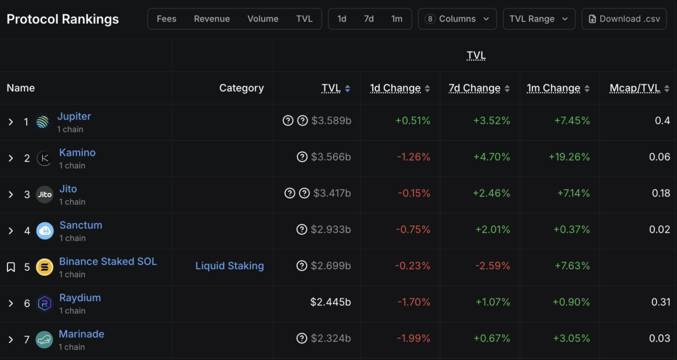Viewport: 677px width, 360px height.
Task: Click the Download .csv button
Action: pyautogui.click(x=624, y=19)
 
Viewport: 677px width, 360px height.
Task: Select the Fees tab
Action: pyautogui.click(x=166, y=19)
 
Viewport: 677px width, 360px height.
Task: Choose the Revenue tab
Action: pyautogui.click(x=212, y=19)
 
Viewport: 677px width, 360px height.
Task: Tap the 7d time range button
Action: pyautogui.click(x=368, y=19)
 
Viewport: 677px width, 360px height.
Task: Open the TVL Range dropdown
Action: pyautogui.click(x=539, y=19)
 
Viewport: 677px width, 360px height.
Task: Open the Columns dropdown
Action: pyautogui.click(x=457, y=19)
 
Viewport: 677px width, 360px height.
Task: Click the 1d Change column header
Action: pyautogui.click(x=395, y=88)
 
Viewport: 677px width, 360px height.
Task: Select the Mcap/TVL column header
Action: pyautogui.click(x=635, y=88)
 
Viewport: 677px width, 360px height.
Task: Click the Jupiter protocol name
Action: pyautogui.click(x=74, y=116)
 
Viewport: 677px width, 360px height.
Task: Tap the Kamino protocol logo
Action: pyautogui.click(x=45, y=159)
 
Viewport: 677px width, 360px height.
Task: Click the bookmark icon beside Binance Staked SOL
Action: pyautogui.click(x=11, y=267)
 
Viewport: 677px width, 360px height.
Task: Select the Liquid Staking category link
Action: pyautogui.click(x=230, y=266)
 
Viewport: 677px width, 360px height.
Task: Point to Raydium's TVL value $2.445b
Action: pyautogui.click(x=331, y=302)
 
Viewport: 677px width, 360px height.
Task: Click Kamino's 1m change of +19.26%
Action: pyautogui.click(x=569, y=157)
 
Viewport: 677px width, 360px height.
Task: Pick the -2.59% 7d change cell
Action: pyautogui.click(x=493, y=266)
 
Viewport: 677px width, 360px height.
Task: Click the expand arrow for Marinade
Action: pyautogui.click(x=11, y=340)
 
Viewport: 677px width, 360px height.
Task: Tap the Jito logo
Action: pyautogui.click(x=45, y=195)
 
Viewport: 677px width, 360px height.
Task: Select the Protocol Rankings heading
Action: pyautogui.click(x=63, y=19)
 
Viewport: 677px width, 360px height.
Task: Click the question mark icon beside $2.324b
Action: pyautogui.click(x=302, y=339)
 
